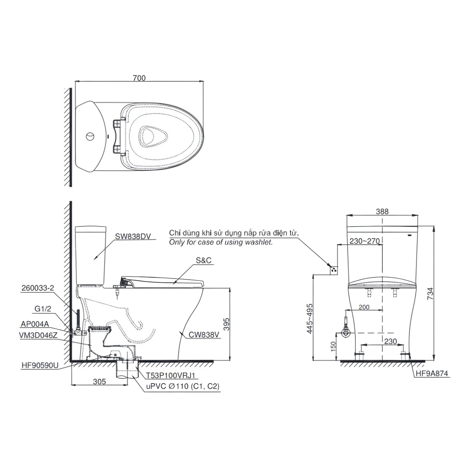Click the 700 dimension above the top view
[x=139, y=78]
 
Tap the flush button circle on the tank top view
[x=90, y=137]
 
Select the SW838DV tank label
[x=133, y=236]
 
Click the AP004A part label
[x=35, y=323]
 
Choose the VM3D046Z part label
[x=39, y=336]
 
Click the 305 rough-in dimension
[x=99, y=381]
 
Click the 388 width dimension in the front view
[x=382, y=212]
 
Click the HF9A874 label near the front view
[x=432, y=373]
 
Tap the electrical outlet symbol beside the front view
[x=333, y=269]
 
